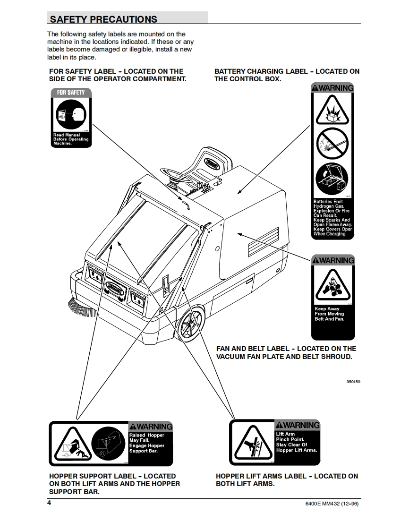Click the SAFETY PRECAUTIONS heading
click(103, 19)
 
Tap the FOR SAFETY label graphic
click(70, 117)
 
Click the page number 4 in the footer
click(49, 503)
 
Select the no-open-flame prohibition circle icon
click(332, 143)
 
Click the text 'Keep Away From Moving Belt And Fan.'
click(330, 314)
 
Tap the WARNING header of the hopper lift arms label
click(297, 425)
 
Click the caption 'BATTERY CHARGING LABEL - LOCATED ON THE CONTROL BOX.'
click(287, 75)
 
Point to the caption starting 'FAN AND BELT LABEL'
click(286, 352)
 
